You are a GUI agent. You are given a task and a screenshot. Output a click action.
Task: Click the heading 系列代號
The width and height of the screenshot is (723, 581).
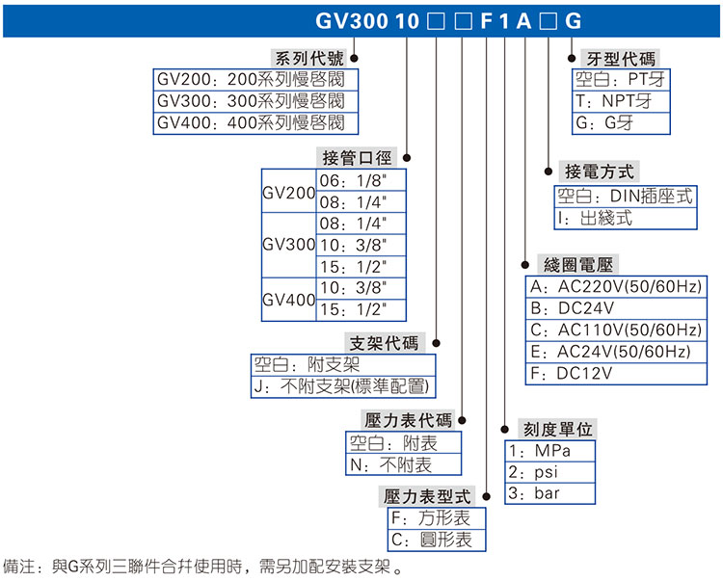pos(308,59)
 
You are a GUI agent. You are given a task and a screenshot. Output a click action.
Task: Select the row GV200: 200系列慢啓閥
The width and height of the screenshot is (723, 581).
pos(255,79)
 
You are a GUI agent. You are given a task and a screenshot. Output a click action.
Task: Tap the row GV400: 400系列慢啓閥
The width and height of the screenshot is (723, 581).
pos(255,123)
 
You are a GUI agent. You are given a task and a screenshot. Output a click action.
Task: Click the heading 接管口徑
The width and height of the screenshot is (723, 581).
pos(356,157)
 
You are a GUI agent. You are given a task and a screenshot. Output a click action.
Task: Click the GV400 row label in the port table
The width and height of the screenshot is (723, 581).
pos(289,300)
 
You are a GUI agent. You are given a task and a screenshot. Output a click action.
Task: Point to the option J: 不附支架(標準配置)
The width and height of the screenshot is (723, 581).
pos(342,387)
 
